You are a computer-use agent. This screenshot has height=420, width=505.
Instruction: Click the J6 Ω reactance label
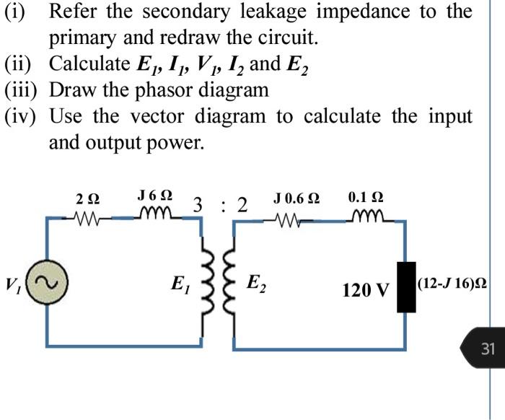(154, 196)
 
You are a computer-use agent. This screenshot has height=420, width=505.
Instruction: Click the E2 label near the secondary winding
(255, 282)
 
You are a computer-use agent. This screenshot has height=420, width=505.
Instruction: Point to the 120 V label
(366, 290)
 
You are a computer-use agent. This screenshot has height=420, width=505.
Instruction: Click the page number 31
(488, 349)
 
